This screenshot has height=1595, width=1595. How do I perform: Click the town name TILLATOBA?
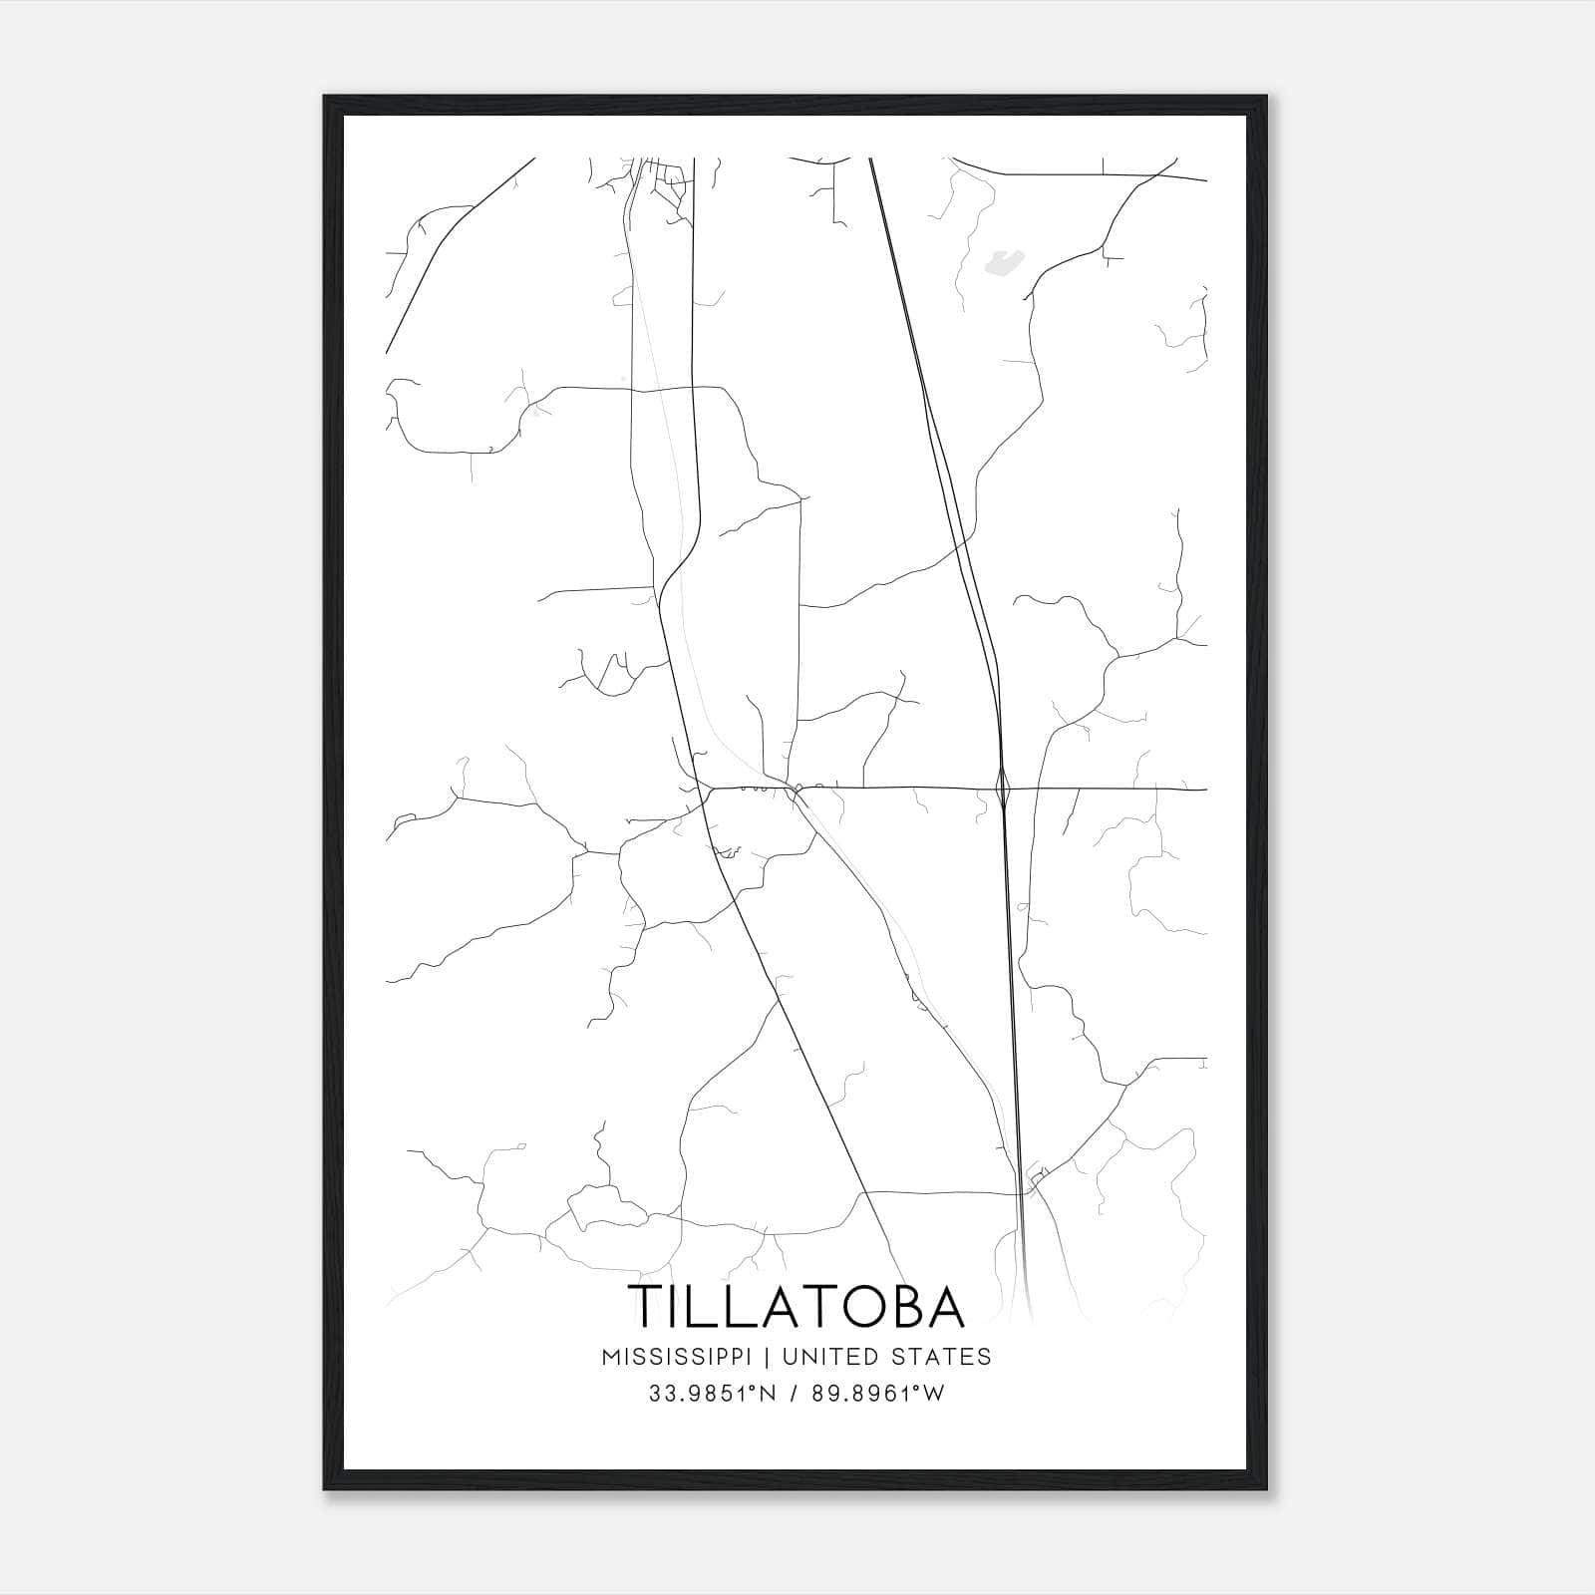point(797,1306)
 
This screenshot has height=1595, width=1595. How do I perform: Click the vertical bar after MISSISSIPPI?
point(769,1357)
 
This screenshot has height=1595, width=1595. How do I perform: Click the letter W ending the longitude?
point(933,1394)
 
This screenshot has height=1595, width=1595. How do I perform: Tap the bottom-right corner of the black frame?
point(1268,1489)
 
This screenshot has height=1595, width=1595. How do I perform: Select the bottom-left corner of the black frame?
point(325,1489)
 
